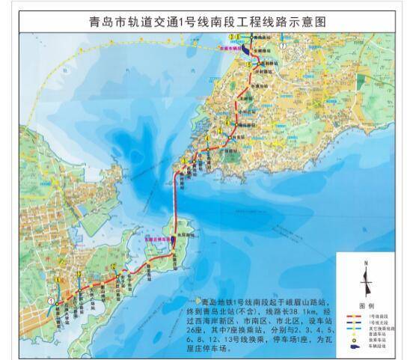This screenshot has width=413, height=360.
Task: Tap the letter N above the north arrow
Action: click(365, 263)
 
